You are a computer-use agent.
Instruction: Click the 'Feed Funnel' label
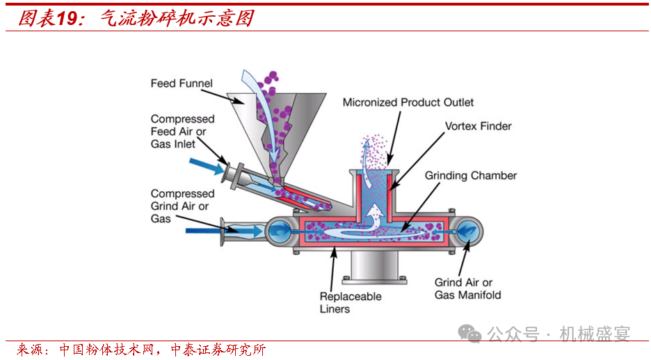click(182, 83)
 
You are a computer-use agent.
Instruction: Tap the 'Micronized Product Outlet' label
click(408, 102)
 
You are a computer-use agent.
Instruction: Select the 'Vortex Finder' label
click(478, 126)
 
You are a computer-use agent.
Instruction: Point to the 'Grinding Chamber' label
click(471, 175)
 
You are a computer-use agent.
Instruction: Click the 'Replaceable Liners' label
click(351, 302)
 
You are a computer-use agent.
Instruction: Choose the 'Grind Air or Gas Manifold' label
click(467, 288)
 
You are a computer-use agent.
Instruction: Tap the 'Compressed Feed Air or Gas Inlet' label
click(182, 131)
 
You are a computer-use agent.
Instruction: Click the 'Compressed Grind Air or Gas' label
click(182, 206)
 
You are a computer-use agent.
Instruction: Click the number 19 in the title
click(67, 18)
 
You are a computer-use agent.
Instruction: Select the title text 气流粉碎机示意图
click(177, 18)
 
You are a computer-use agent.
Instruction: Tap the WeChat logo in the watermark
click(474, 334)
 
